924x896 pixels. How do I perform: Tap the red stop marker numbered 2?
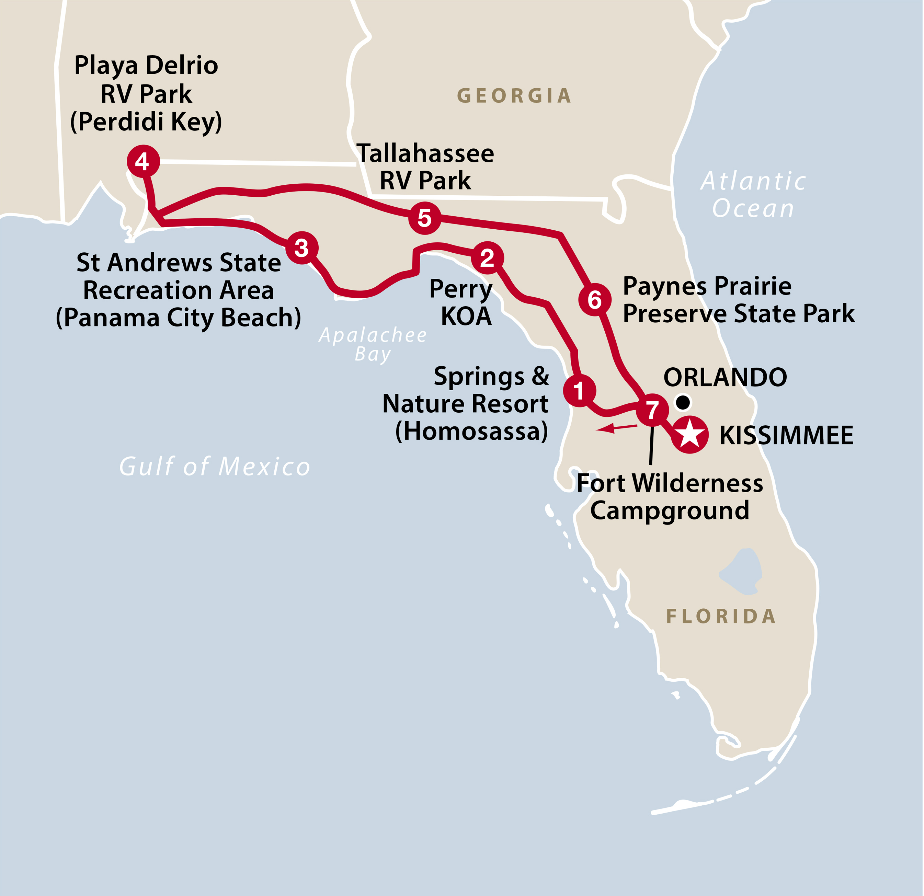pos(488,258)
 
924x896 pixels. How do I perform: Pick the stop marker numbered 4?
pos(143,162)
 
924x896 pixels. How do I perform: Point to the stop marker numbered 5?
pos(425,218)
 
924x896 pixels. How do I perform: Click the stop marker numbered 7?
pos(652,410)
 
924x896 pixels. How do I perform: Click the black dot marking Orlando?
pos(683,402)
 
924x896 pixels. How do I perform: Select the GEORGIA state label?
pos(514,96)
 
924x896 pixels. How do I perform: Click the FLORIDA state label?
pos(721,616)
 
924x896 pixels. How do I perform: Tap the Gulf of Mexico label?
pos(215,467)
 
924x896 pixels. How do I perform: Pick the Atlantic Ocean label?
pos(753,194)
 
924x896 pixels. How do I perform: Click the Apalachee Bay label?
pos(373,344)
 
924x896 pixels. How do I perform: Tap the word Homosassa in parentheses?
pos(471,431)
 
